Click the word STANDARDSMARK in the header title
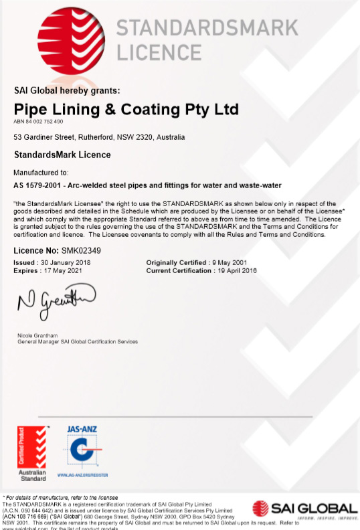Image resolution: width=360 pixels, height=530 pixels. [207, 28]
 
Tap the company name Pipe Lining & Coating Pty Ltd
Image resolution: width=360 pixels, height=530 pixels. [126, 109]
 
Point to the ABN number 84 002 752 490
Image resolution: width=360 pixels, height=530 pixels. [38, 122]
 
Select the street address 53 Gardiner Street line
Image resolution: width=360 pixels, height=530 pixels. [99, 137]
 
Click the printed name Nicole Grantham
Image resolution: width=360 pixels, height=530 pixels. [36, 335]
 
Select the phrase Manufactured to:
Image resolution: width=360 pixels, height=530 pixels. [41, 172]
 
